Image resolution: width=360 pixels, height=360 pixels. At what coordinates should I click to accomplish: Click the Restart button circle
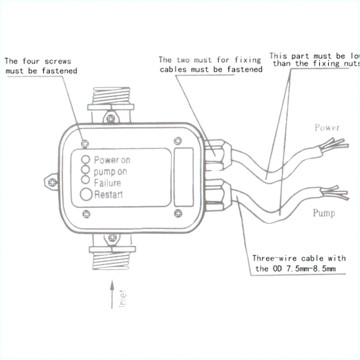[x=86, y=194]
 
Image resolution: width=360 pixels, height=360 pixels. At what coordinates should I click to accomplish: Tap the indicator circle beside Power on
[x=85, y=159]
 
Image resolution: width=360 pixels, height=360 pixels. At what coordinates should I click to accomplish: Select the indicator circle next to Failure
[x=85, y=180]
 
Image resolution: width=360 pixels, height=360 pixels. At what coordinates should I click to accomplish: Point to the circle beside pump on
[x=85, y=170]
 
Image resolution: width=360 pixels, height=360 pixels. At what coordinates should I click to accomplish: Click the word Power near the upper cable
[x=327, y=128]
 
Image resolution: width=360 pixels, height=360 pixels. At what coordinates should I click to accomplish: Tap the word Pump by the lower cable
[x=324, y=212]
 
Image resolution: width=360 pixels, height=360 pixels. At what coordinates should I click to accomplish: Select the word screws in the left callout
[x=56, y=61]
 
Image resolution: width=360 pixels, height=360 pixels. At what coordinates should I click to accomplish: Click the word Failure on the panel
[x=108, y=183]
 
